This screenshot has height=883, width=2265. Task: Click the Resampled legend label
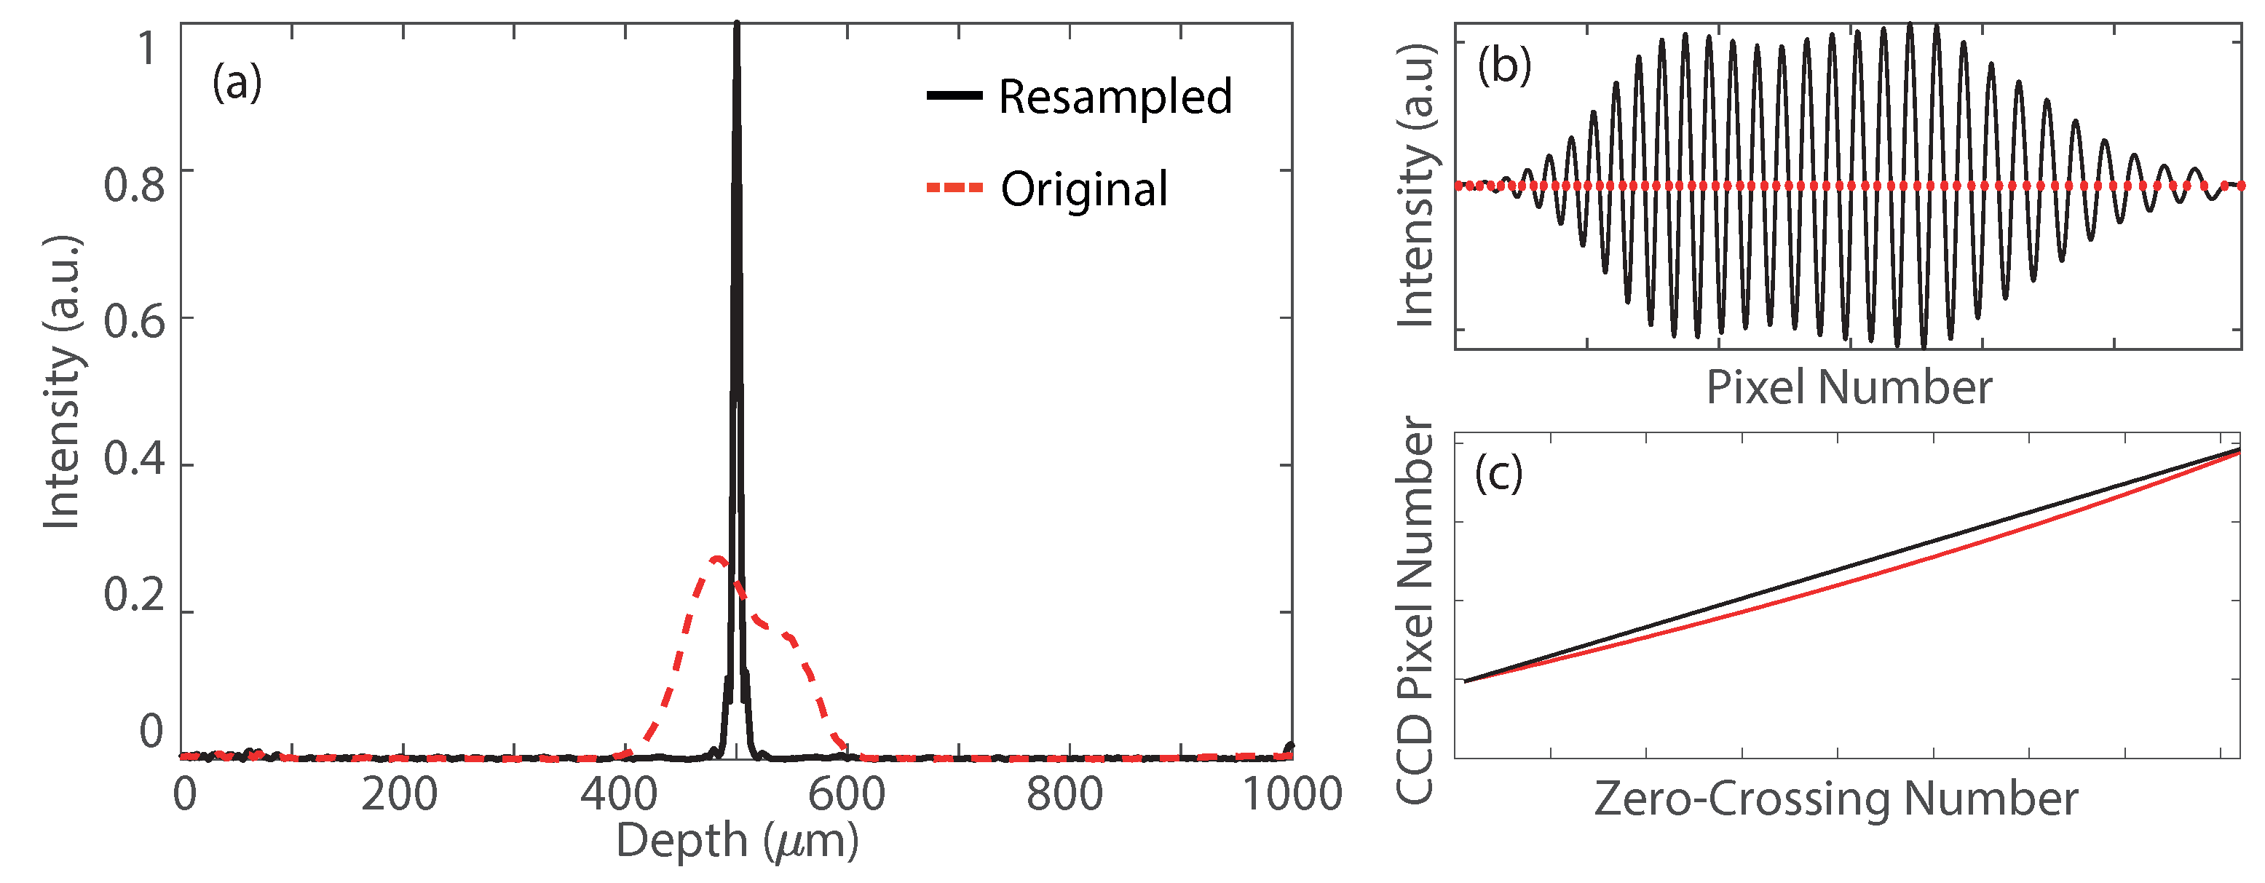point(1115,97)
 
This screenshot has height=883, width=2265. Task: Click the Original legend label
point(1084,190)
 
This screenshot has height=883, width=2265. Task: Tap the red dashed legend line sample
point(954,187)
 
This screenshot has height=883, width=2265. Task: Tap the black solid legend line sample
point(954,95)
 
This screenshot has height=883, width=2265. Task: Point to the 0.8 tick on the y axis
point(134,186)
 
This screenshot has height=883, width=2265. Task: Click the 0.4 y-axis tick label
point(134,459)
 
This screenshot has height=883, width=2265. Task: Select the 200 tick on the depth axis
point(398,795)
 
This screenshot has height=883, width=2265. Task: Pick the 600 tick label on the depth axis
point(846,795)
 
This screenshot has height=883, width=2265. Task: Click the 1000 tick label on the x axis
point(1291,795)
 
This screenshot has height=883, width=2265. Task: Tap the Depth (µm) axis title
point(737,842)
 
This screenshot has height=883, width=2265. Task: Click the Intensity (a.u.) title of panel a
point(63,384)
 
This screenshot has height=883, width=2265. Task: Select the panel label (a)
point(237,84)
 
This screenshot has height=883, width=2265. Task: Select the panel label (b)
point(1504,66)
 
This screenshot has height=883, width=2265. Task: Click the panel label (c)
point(1498,475)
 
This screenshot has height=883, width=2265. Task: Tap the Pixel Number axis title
point(1849,388)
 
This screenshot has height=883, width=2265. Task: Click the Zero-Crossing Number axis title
point(1836,799)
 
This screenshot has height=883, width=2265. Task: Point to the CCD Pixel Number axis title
point(1415,611)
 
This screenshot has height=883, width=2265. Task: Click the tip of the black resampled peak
point(737,25)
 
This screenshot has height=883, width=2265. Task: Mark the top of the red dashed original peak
point(716,558)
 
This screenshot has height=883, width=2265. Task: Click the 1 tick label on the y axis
point(148,48)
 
